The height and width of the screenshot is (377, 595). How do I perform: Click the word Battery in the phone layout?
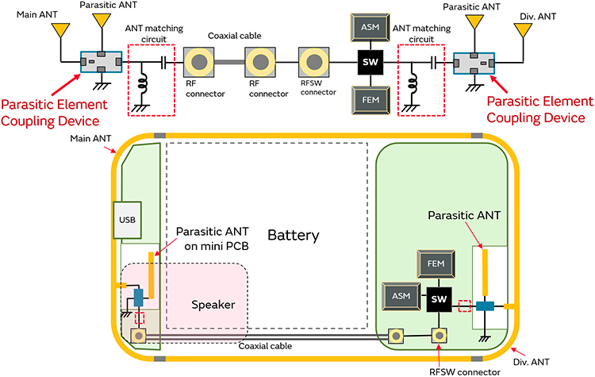pos(293,236)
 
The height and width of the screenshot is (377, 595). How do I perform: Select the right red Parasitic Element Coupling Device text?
pos(538,110)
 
